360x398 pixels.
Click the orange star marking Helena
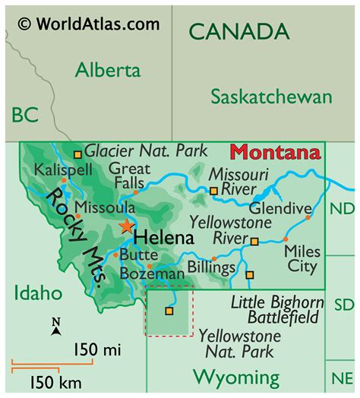click(126, 226)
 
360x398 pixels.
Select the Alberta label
click(107, 71)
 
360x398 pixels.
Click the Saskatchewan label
click(271, 97)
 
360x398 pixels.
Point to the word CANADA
click(238, 32)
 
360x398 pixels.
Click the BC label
click(25, 115)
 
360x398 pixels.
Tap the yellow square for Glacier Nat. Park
click(77, 153)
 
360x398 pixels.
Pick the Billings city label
click(212, 267)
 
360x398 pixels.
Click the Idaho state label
click(36, 293)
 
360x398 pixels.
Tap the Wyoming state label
click(235, 376)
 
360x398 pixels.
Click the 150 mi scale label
click(97, 349)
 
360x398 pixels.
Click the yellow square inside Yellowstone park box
click(169, 311)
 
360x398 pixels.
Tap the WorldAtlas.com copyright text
click(89, 24)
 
